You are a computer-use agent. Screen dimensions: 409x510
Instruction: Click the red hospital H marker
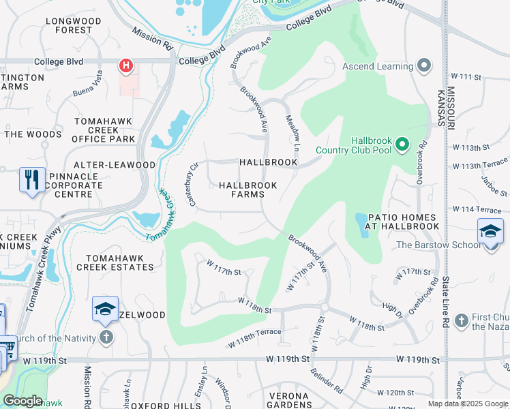click(126, 66)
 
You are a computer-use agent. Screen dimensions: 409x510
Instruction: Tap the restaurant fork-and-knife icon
click(32, 180)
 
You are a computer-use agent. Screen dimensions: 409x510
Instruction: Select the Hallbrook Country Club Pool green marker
click(402, 145)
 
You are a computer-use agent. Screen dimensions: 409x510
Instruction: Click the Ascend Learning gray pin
click(424, 66)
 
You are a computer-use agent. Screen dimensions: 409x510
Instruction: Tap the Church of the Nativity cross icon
click(106, 337)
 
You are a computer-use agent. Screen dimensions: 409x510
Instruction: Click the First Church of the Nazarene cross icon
click(462, 320)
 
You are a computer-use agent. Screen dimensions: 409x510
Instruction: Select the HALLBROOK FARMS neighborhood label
click(247, 190)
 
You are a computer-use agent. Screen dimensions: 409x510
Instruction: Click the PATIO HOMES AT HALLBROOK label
click(402, 221)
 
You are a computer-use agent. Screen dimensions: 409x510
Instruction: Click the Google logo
click(22, 401)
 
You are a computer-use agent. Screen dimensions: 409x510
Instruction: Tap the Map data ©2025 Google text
click(466, 404)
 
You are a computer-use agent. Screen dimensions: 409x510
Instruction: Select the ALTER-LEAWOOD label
click(115, 165)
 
